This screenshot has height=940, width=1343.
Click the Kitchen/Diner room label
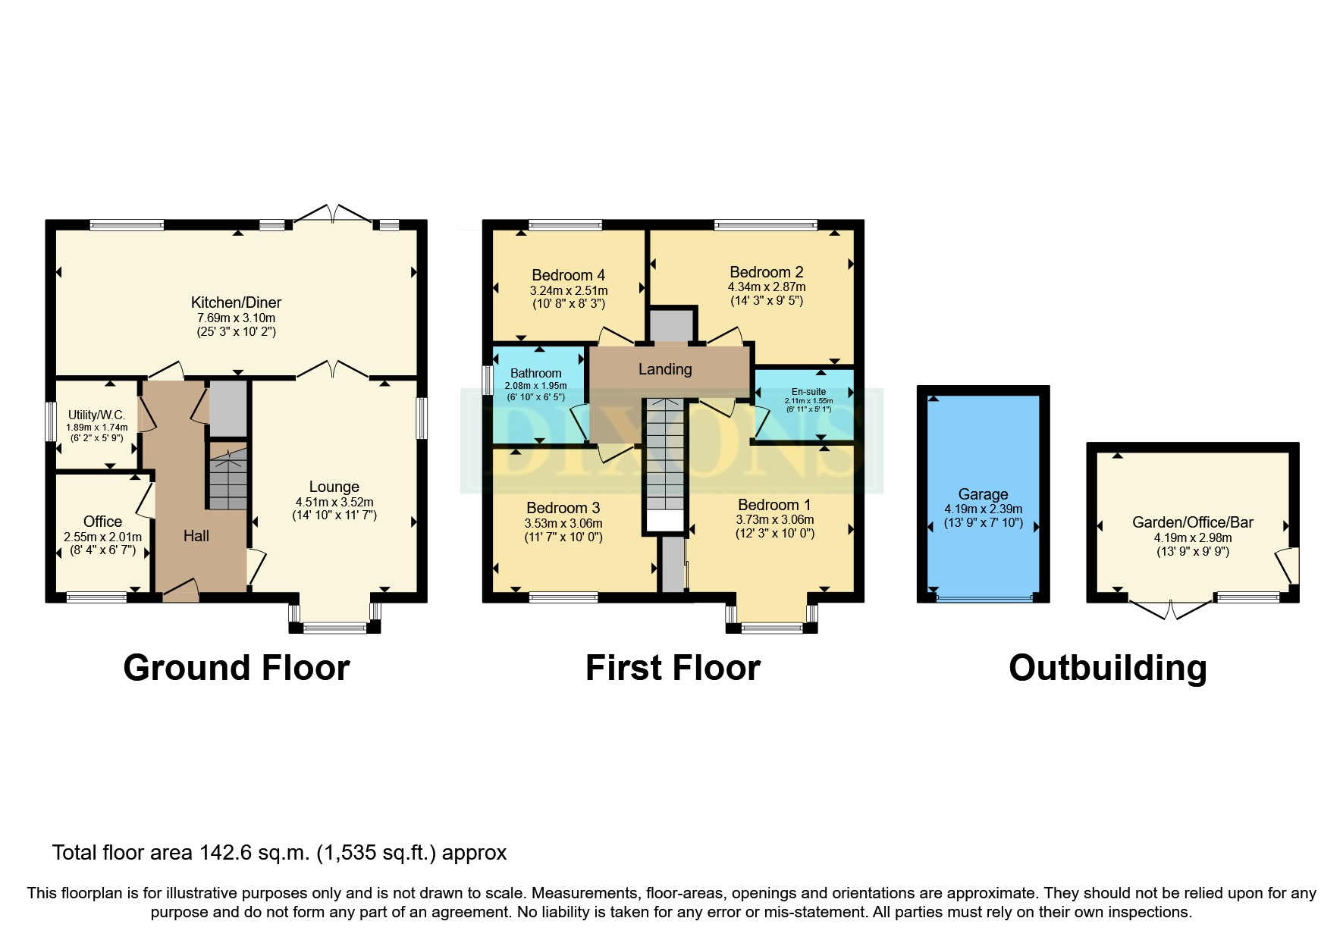[x=236, y=302]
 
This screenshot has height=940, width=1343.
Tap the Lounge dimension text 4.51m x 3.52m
[x=334, y=502]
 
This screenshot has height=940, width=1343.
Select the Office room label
[x=102, y=522]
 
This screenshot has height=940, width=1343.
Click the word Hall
[x=196, y=536]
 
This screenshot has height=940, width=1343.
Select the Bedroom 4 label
[x=568, y=275]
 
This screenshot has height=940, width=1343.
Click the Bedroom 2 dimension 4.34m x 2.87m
[x=766, y=287]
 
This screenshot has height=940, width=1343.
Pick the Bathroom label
[x=535, y=373]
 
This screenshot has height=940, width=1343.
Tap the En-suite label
[x=808, y=392]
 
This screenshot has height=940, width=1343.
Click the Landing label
[x=664, y=369]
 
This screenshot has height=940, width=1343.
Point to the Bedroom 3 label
[x=563, y=508]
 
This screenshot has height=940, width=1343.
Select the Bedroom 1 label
[x=774, y=505]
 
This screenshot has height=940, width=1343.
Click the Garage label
[x=983, y=494]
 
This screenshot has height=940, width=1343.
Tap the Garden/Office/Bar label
[x=1192, y=522]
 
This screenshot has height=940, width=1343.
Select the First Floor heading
[x=672, y=668]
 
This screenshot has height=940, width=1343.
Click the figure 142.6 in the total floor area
[x=224, y=853]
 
